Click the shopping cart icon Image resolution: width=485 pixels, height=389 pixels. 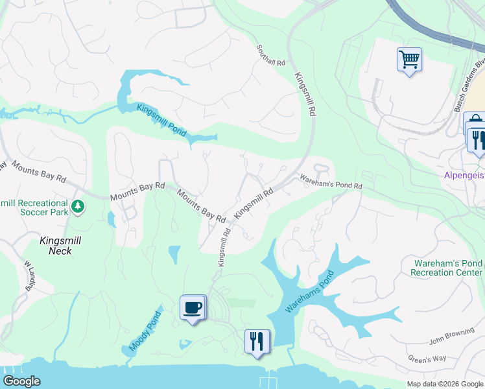(x=409, y=60)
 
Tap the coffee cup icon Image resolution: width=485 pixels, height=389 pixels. (x=193, y=307)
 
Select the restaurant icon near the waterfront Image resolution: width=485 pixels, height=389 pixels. (x=257, y=341)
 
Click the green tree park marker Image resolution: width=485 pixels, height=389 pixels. (x=78, y=207)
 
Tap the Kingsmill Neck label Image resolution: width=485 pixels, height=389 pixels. (x=56, y=245)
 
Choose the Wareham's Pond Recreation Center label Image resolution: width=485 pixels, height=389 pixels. (x=447, y=268)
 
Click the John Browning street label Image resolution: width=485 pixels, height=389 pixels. (x=452, y=340)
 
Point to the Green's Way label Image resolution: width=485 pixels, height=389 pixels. (x=427, y=359)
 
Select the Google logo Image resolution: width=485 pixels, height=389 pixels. (x=21, y=381)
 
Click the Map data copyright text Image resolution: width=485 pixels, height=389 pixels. (x=444, y=384)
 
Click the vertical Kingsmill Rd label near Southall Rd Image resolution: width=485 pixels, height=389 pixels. (x=303, y=94)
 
